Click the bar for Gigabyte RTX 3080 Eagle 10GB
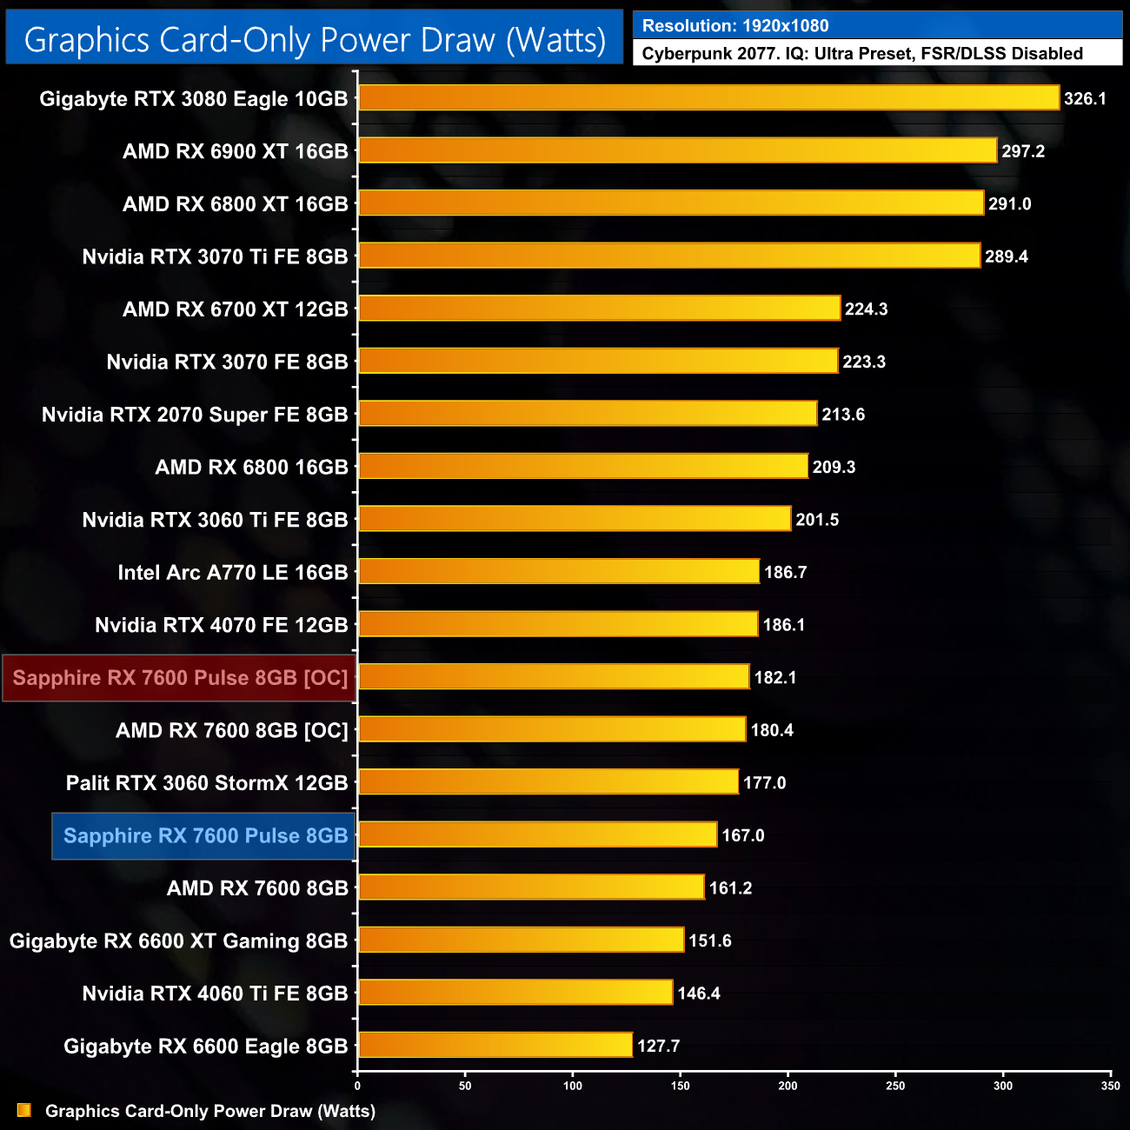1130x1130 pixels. tap(708, 98)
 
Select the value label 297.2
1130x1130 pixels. tap(1023, 151)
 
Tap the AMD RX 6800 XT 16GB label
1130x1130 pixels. tap(235, 204)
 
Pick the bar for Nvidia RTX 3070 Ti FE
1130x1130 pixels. tap(669, 256)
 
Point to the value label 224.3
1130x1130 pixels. tap(866, 309)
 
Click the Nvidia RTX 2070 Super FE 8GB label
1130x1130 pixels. tap(195, 415)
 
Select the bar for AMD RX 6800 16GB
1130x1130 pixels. tap(583, 466)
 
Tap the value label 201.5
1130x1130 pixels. tap(817, 520)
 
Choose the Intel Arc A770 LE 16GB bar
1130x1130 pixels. tap(559, 571)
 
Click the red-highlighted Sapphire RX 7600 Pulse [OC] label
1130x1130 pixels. tap(180, 678)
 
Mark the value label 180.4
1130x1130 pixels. tap(772, 730)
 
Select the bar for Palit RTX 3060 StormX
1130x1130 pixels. tap(548, 781)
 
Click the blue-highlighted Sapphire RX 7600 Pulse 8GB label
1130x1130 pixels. tap(205, 836)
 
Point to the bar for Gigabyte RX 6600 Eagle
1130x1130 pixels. tap(495, 1045)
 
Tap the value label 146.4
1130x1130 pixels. tap(699, 994)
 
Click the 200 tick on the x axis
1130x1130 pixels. tap(788, 1086)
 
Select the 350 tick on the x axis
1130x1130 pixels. tap(1110, 1086)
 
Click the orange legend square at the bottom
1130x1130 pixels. tap(23, 1111)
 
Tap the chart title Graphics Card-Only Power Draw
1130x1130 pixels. tap(315, 40)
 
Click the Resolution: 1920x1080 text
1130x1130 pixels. tap(735, 26)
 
